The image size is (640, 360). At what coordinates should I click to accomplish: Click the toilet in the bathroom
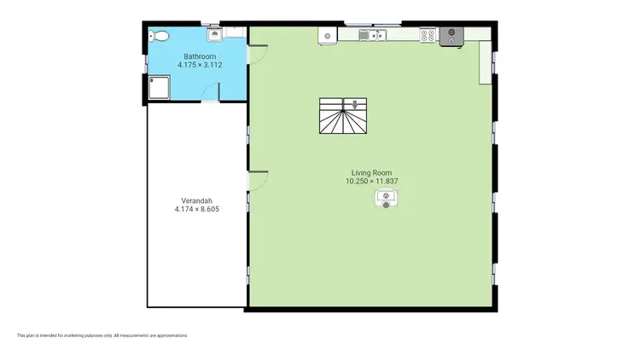(x=158, y=36)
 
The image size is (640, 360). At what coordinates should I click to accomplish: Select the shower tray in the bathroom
(x=159, y=87)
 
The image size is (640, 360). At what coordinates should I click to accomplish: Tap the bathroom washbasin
(x=216, y=35)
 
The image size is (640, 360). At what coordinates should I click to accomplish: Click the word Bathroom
(x=198, y=56)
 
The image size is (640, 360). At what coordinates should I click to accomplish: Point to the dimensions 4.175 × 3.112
(x=198, y=65)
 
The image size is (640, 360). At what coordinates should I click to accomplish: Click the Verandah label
(x=197, y=200)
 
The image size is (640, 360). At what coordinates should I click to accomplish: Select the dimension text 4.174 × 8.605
(x=197, y=209)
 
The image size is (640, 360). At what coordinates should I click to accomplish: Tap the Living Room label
(x=372, y=172)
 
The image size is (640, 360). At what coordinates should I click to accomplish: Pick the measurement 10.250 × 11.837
(x=372, y=181)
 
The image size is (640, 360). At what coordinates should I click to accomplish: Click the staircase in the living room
(x=345, y=118)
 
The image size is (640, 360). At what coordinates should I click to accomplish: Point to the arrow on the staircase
(x=344, y=105)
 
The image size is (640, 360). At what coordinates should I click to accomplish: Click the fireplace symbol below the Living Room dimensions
(x=387, y=200)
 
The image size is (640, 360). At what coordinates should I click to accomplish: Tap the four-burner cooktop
(x=428, y=35)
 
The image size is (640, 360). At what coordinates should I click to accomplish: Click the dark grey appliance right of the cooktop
(x=451, y=35)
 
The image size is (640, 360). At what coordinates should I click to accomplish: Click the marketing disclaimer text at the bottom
(x=102, y=335)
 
